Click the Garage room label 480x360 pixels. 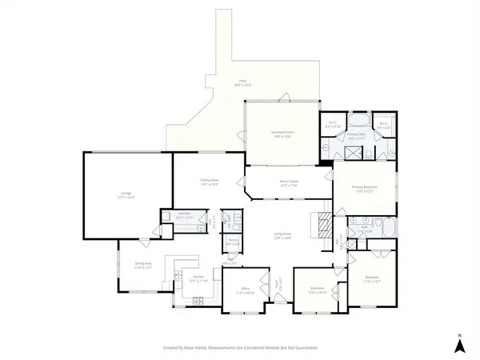pyautogui.click(x=126, y=194)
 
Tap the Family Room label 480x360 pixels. pyautogui.click(x=210, y=182)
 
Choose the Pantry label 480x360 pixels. pyautogui.click(x=233, y=242)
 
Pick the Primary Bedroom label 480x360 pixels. pyautogui.click(x=364, y=189)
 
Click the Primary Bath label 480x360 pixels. pyautogui.click(x=356, y=137)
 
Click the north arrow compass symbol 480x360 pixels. pyautogui.click(x=459, y=345)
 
